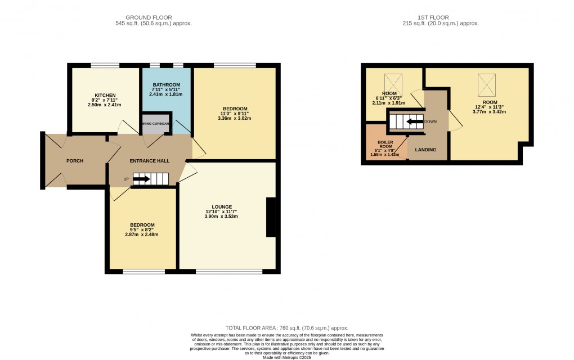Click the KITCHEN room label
tap(105, 95)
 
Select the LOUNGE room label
tap(222, 206)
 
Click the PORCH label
tap(75, 161)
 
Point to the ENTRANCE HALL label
tap(150, 161)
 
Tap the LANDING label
tap(425, 150)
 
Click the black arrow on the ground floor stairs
tap(141, 179)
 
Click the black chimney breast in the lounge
tap(271, 217)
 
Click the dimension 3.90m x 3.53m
tap(222, 216)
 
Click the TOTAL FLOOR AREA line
tap(286, 328)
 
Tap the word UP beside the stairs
tap(126, 179)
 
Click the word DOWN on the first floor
tap(430, 121)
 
